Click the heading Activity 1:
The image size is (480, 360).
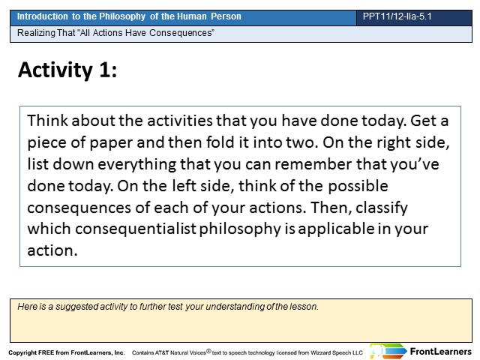click(x=67, y=70)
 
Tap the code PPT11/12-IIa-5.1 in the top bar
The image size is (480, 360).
click(x=397, y=16)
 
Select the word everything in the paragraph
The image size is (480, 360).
click(x=136, y=165)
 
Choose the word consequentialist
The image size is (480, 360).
click(x=136, y=229)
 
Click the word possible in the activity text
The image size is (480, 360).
click(x=358, y=187)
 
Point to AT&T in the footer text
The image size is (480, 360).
click(x=162, y=352)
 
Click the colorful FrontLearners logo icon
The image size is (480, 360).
click(x=388, y=351)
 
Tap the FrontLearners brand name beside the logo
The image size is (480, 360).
click(x=441, y=352)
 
